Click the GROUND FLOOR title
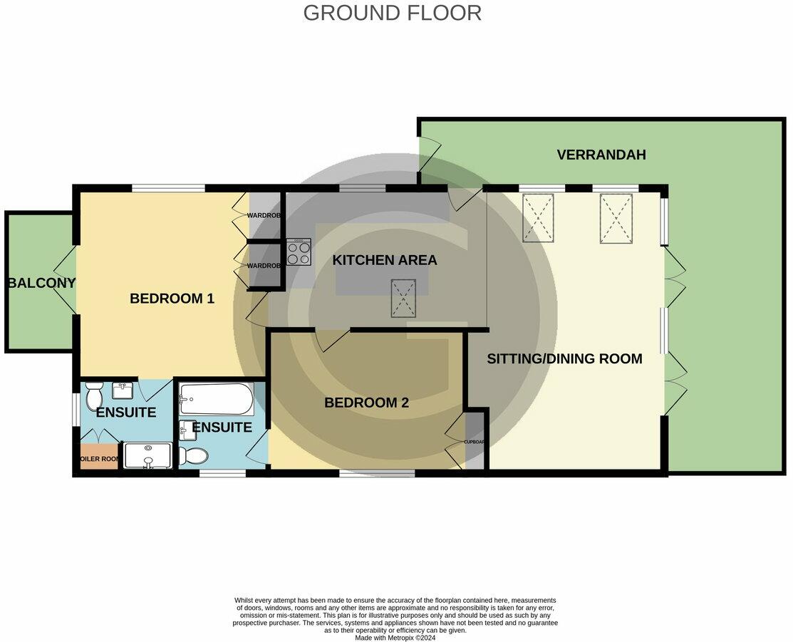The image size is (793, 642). (x=392, y=13)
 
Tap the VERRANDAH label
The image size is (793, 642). (x=601, y=155)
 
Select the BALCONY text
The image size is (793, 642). (x=41, y=283)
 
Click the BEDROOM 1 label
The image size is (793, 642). (x=172, y=299)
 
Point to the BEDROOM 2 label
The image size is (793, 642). (x=366, y=403)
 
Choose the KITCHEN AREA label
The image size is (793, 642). (x=384, y=260)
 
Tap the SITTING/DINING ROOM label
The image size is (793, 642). (x=564, y=358)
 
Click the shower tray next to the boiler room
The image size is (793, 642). (x=148, y=455)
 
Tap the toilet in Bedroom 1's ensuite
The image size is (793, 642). (x=94, y=393)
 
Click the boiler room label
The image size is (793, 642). (x=99, y=459)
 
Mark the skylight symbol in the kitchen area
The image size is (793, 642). (x=403, y=298)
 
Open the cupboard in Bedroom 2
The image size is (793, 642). (x=474, y=441)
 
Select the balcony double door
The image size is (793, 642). (x=67, y=280)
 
